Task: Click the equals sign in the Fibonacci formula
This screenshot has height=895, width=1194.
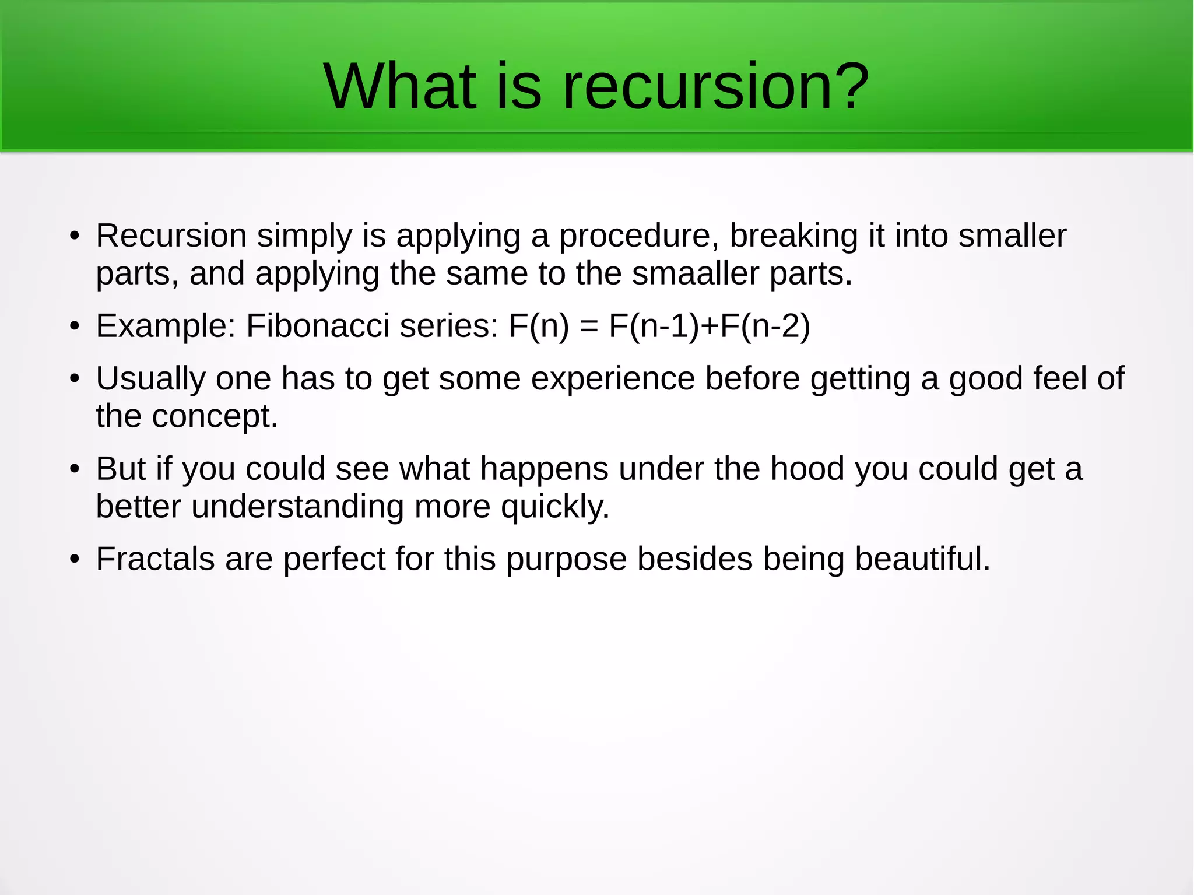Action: pos(589,327)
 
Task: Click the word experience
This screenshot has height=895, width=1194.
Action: pos(612,379)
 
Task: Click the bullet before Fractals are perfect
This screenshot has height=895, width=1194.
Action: pos(74,559)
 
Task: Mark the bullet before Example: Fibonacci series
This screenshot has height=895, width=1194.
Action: pos(74,326)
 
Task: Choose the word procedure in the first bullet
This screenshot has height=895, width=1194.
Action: pos(638,236)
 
